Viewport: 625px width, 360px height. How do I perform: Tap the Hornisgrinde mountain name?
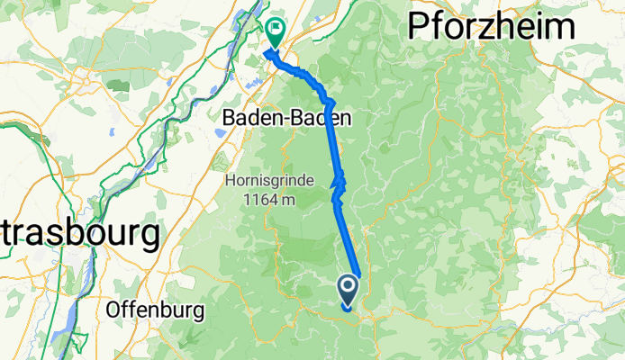(271, 181)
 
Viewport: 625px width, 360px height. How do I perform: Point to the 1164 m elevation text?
(271, 199)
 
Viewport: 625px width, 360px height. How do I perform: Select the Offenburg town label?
(154, 310)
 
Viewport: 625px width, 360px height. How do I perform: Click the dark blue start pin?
(349, 291)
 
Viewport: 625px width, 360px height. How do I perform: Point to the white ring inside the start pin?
(349, 287)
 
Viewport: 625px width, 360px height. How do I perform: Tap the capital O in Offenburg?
(114, 310)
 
